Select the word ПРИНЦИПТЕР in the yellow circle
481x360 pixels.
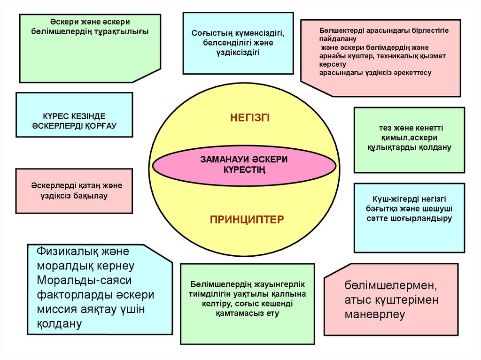point(247,219)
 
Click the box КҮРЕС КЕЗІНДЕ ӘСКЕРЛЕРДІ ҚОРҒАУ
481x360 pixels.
point(74,115)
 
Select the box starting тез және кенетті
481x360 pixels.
point(409,140)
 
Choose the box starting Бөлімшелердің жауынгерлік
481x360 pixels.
point(248,304)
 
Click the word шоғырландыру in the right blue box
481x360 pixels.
point(427,218)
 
